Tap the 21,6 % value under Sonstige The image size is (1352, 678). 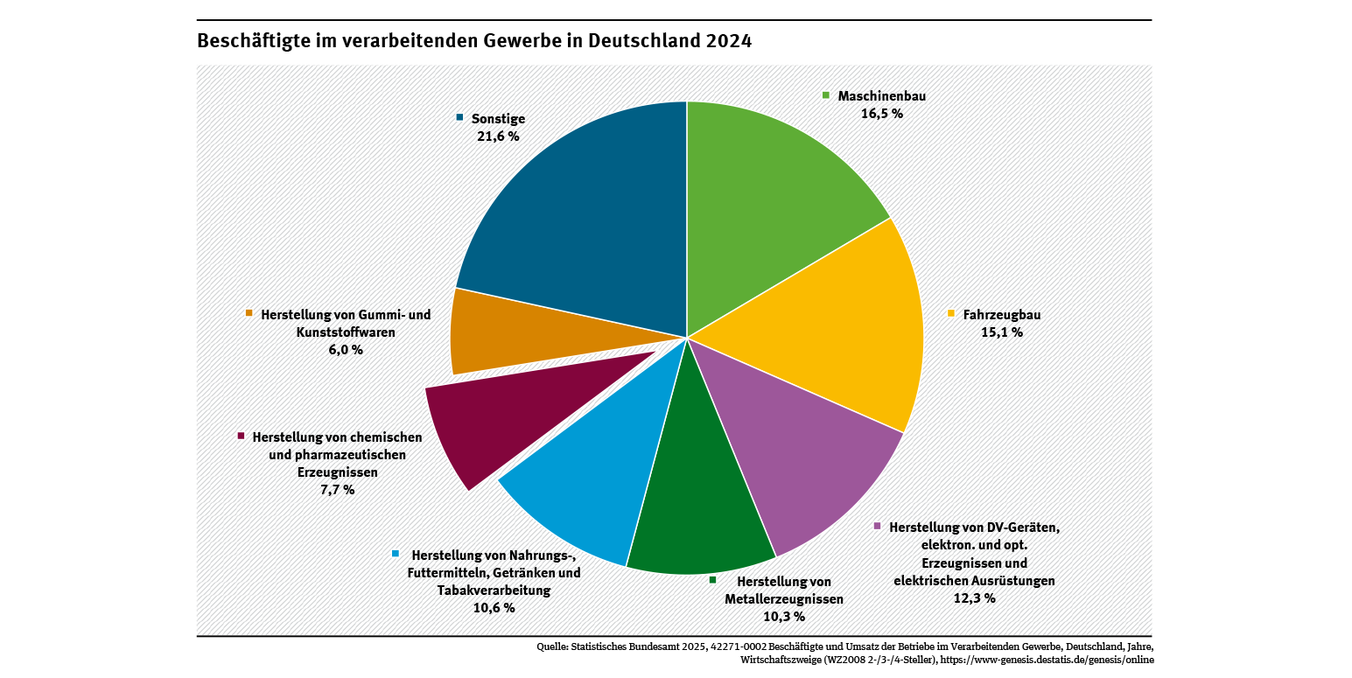point(498,136)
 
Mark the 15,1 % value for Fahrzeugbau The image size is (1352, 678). point(1001,332)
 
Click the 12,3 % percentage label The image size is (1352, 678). point(974,598)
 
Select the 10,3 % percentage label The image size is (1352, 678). point(783,618)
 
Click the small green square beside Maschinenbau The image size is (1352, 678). point(825,94)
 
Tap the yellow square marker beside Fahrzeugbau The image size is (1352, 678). point(951,313)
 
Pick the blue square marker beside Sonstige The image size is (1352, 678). point(459,117)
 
